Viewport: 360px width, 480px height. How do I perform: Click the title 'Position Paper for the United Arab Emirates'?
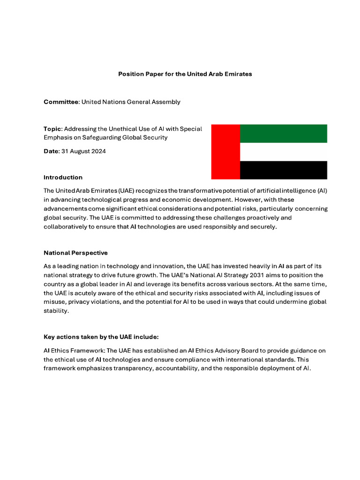pyautogui.click(x=185, y=74)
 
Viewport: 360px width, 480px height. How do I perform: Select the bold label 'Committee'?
pyautogui.click(x=61, y=102)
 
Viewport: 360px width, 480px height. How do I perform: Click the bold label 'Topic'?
pyautogui.click(x=52, y=129)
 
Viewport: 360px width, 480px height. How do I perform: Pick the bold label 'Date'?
pyautogui.click(x=51, y=151)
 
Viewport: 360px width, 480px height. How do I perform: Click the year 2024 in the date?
pyautogui.click(x=98, y=151)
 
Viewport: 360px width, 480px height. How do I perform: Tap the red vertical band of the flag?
pyautogui.click(x=225, y=151)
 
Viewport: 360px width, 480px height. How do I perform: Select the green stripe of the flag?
pyautogui.click(x=283, y=133)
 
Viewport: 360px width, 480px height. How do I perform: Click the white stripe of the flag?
pyautogui.click(x=283, y=152)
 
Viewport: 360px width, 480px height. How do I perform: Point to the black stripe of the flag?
pyautogui.click(x=283, y=170)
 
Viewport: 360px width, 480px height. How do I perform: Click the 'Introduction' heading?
pyautogui.click(x=63, y=177)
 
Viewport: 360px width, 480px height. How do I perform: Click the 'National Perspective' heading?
pyautogui.click(x=75, y=253)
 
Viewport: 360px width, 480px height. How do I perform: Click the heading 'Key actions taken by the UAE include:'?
pyautogui.click(x=100, y=337)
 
